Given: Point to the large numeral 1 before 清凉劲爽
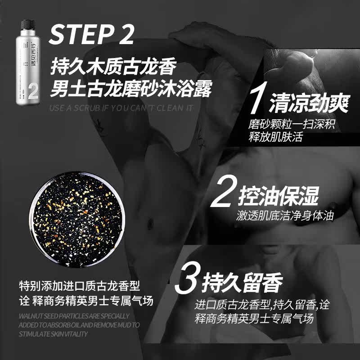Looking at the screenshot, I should (x=256, y=102).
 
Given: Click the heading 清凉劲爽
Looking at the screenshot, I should (x=309, y=104).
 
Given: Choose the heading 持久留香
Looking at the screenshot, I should (x=243, y=283).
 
